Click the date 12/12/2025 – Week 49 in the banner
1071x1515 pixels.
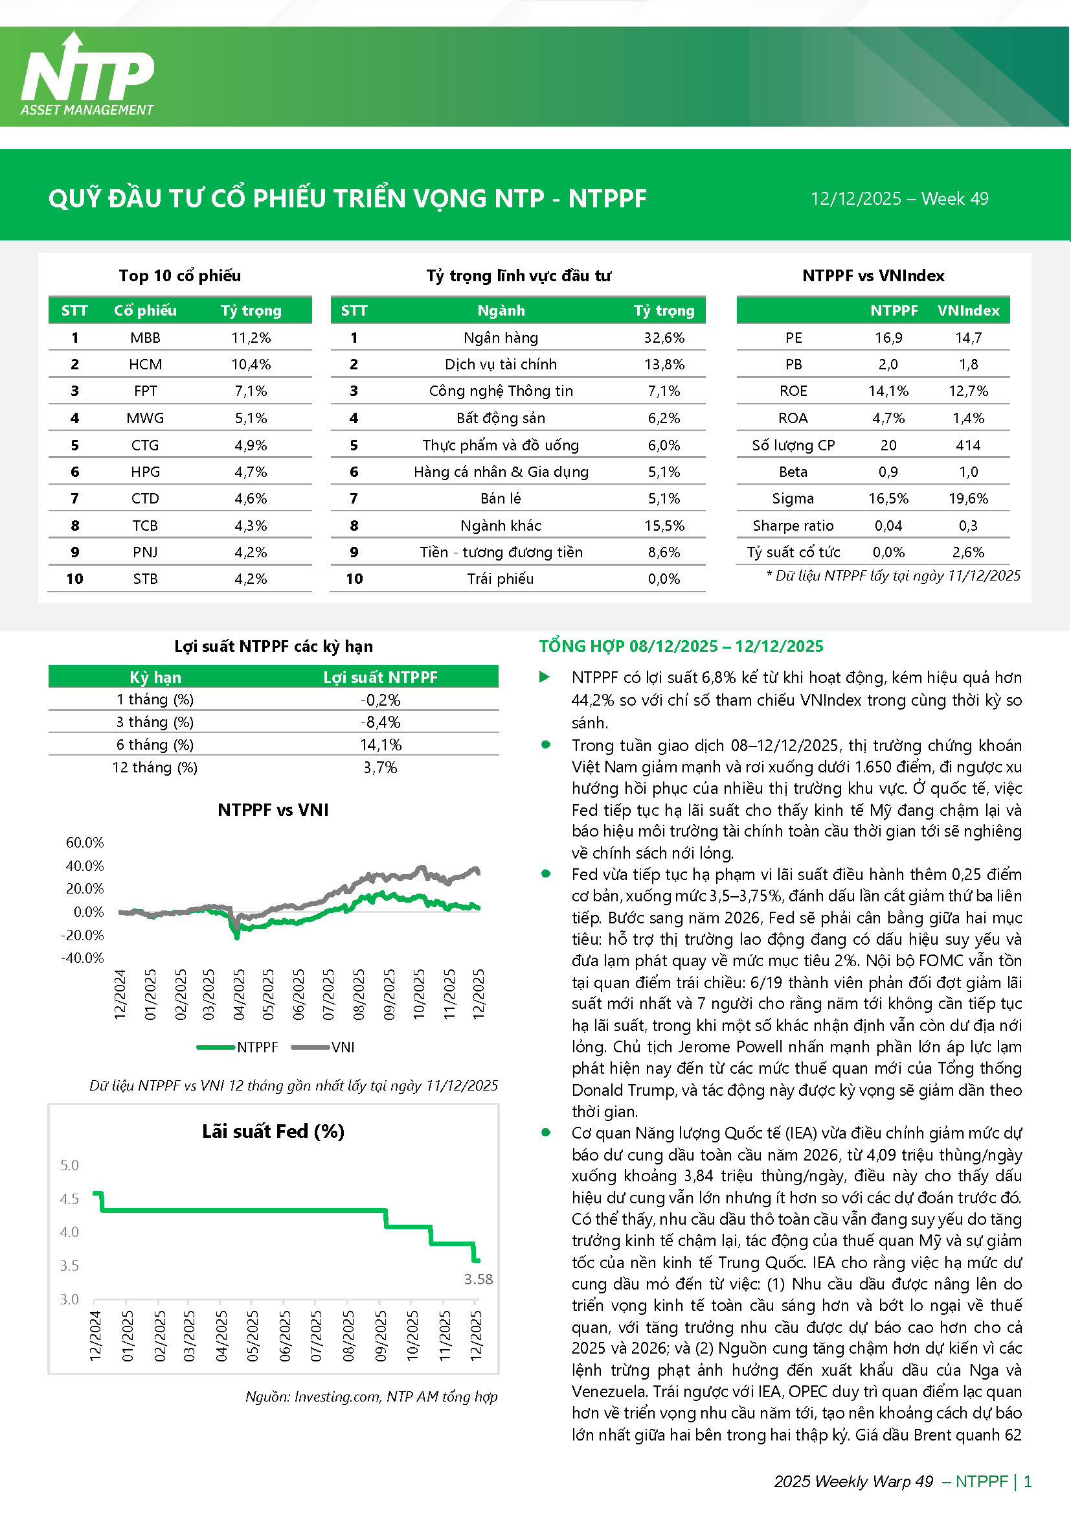click(899, 199)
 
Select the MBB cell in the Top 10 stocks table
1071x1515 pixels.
click(145, 338)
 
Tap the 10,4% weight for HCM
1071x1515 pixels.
click(251, 364)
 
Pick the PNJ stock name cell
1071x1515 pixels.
click(145, 552)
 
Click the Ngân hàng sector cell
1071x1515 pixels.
click(501, 338)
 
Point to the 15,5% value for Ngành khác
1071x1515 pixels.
click(664, 526)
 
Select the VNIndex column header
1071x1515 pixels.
click(968, 310)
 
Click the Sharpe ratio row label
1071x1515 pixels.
click(793, 526)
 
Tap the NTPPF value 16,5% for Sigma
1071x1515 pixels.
click(888, 499)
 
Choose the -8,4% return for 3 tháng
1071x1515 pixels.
click(381, 723)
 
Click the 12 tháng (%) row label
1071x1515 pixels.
click(155, 767)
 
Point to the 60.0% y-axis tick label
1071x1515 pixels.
click(84, 842)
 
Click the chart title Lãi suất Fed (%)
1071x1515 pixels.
click(273, 1131)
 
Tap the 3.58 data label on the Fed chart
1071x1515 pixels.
click(478, 1279)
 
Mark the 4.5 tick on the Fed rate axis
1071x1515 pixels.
click(69, 1199)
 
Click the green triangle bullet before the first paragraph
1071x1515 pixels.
click(545, 677)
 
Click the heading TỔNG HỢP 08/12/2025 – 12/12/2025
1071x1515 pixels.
click(681, 646)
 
